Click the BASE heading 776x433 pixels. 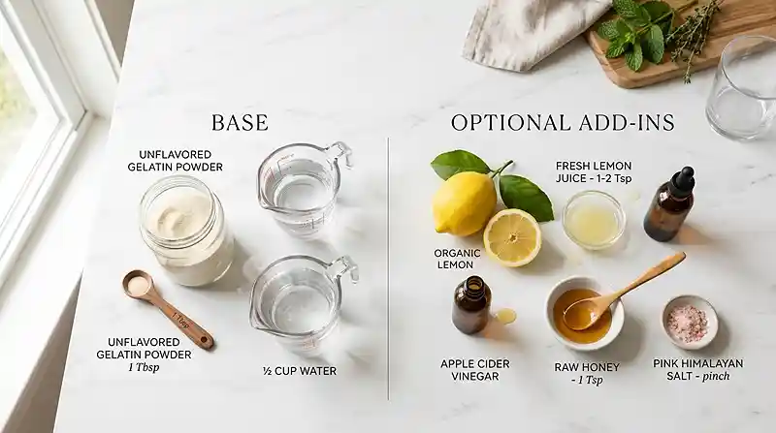(240, 123)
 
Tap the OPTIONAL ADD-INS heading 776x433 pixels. (563, 123)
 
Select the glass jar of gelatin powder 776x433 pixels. (186, 231)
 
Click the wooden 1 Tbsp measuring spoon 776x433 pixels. (167, 308)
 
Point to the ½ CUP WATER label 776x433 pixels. (300, 371)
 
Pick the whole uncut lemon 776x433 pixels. (464, 203)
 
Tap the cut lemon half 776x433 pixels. (512, 237)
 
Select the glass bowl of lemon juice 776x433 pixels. (594, 220)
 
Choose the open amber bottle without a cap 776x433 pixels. (471, 304)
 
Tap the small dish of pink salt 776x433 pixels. (690, 323)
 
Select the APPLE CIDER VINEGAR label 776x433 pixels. (474, 370)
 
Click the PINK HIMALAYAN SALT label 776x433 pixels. (697, 370)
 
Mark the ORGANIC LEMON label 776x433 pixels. (457, 259)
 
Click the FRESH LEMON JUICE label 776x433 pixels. (594, 172)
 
